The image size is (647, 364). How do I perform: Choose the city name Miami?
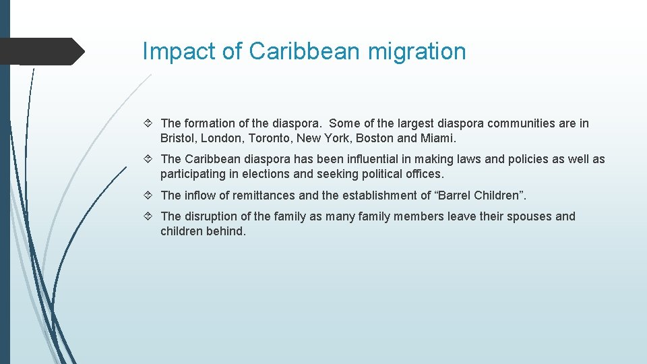coord(437,138)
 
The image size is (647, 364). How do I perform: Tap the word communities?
coord(522,123)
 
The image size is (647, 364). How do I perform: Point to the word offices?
coord(423,175)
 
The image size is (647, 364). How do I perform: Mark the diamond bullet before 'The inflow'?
coord(150,195)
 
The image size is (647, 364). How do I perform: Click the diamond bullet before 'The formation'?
coord(150,123)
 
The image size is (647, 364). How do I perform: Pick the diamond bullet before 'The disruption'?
coord(150,216)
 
